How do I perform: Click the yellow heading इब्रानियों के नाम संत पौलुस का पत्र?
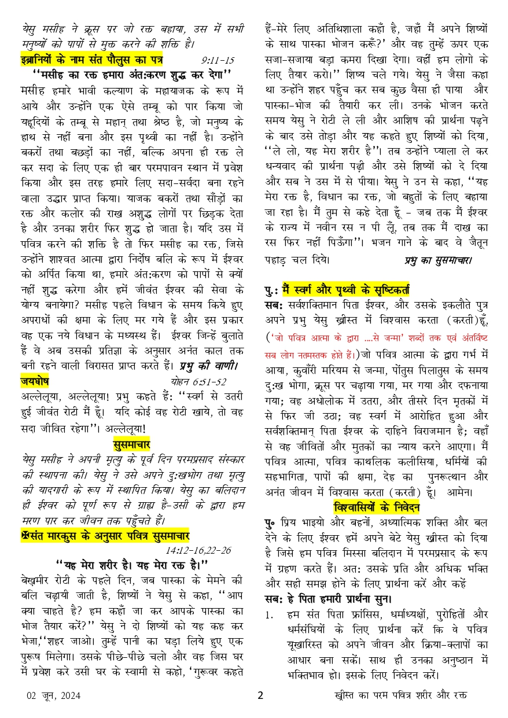[x=91, y=60]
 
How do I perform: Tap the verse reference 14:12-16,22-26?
[x=198, y=550]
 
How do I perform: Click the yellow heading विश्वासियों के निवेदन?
[x=376, y=507]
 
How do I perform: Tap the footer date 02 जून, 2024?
[x=53, y=695]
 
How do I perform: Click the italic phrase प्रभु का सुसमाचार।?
[x=438, y=261]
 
